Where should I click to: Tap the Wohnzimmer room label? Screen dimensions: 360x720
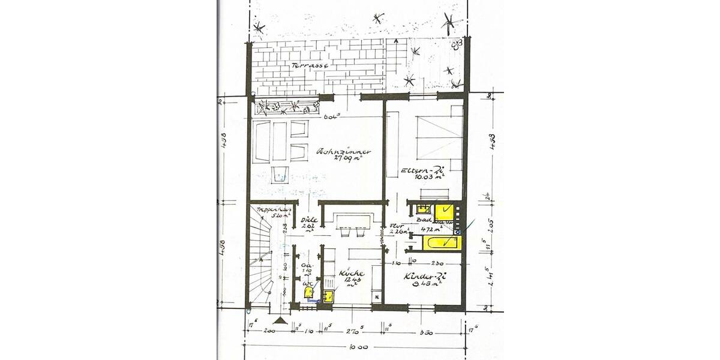[343, 152]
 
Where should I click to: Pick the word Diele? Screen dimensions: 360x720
[308, 220]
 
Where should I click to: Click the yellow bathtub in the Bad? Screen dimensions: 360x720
[442, 243]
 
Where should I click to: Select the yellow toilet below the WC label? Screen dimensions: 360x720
[308, 292]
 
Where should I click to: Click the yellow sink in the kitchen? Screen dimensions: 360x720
[329, 296]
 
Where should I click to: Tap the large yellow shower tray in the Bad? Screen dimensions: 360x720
[444, 211]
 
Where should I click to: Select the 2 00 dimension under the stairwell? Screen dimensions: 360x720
[269, 331]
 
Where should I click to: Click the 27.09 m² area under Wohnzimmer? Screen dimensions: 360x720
[343, 160]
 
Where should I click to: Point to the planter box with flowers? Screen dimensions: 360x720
[286, 108]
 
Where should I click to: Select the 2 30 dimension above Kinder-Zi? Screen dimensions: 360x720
[437, 262]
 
